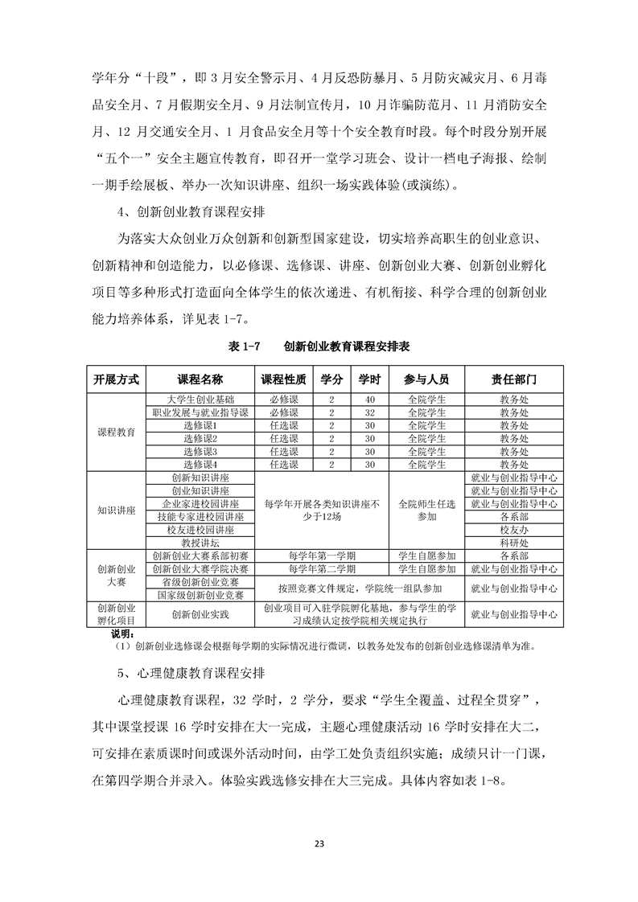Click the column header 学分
click(332, 379)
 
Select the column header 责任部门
click(514, 379)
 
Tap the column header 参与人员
click(427, 379)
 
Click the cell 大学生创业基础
click(200, 400)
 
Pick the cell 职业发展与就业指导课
click(200, 412)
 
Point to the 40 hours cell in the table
click(370, 400)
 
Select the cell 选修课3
click(200, 452)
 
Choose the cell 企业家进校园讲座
click(200, 504)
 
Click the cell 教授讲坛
click(200, 543)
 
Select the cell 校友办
click(514, 531)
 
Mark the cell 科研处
click(514, 543)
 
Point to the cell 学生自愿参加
click(427, 556)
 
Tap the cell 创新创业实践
click(200, 615)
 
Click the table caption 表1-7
click(246, 346)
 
